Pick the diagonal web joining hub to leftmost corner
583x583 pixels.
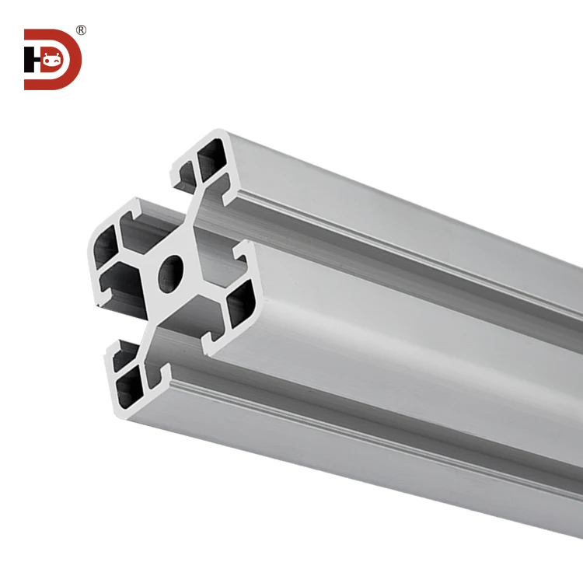point(136,261)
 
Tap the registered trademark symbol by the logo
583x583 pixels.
point(81,31)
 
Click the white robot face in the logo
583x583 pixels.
point(52,59)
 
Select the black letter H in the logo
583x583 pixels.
point(31,60)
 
